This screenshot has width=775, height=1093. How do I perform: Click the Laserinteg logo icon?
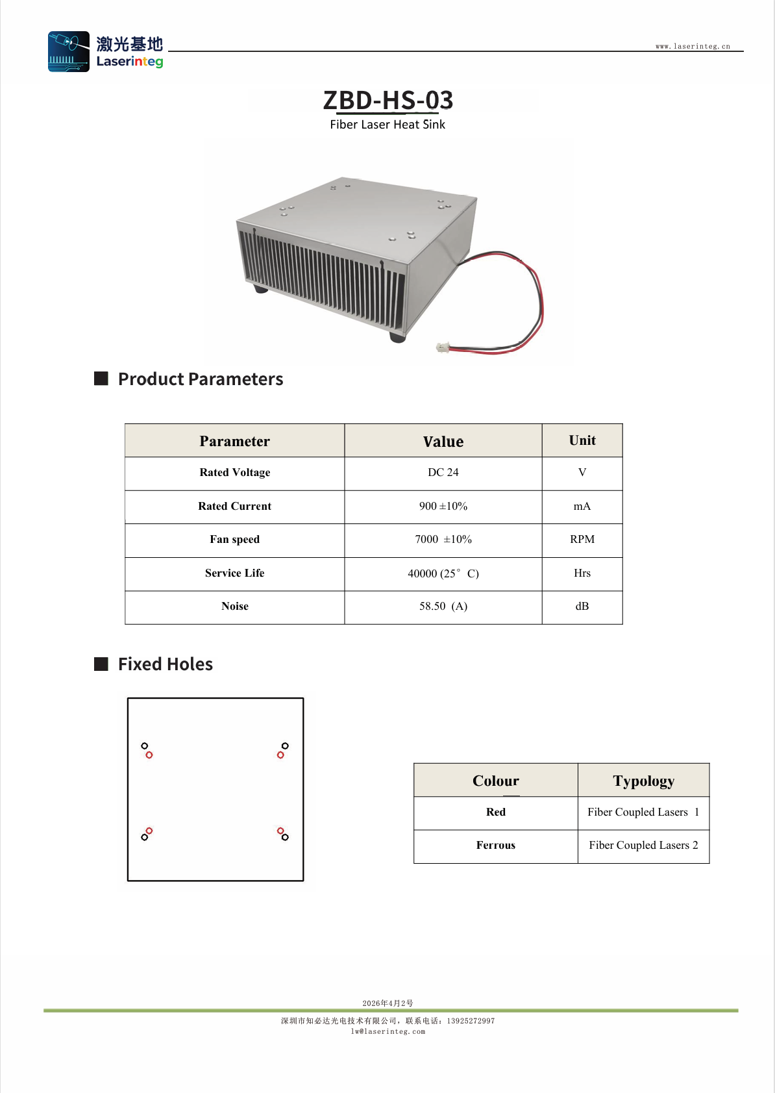(69, 51)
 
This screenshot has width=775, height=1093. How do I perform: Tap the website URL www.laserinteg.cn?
(693, 46)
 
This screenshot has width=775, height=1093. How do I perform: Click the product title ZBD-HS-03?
(388, 99)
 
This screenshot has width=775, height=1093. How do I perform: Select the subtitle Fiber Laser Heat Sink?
(388, 125)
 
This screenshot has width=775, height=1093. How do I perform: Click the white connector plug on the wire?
(443, 347)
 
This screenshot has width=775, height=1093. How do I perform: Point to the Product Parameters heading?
(201, 379)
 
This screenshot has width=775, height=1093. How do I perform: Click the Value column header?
(443, 441)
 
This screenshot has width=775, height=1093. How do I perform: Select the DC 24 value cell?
(443, 472)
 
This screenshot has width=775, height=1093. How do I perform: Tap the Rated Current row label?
(234, 506)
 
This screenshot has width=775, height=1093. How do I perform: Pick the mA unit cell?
(582, 506)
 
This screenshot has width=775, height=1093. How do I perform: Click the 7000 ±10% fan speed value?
(443, 539)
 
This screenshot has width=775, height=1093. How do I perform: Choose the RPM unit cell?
(582, 539)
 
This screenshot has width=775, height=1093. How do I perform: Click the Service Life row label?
(234, 573)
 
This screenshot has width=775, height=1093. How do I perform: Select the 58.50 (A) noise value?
(443, 606)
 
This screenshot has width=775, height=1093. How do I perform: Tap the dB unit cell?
(582, 606)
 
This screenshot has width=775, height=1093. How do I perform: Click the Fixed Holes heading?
(166, 664)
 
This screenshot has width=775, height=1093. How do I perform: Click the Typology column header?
(643, 781)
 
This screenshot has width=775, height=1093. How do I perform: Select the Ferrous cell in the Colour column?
(495, 845)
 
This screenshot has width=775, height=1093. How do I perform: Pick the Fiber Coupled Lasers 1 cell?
(643, 812)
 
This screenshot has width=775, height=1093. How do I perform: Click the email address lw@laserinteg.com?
(388, 1031)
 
